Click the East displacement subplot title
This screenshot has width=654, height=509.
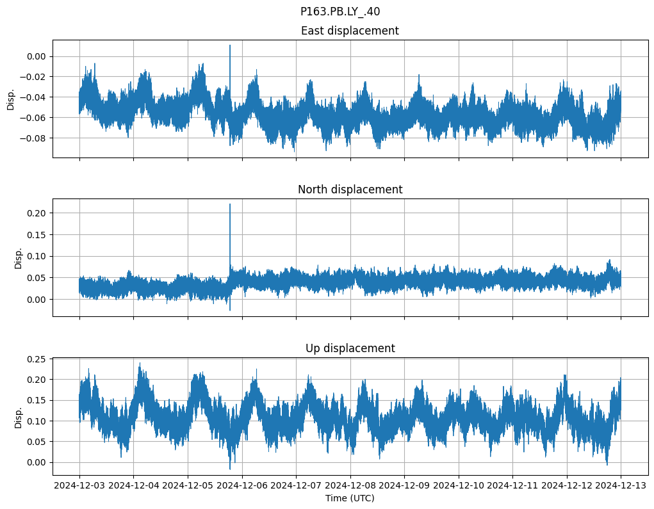click(x=350, y=31)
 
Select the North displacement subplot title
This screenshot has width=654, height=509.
click(x=350, y=190)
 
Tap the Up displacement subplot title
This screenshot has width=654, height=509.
click(x=350, y=348)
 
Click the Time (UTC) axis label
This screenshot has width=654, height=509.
click(x=350, y=498)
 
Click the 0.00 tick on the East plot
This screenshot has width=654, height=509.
click(x=36, y=56)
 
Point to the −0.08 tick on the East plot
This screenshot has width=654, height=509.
click(x=33, y=138)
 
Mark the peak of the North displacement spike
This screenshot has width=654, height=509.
click(x=230, y=204)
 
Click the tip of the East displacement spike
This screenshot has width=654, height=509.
click(x=230, y=45)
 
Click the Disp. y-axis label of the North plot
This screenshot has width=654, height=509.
click(x=19, y=258)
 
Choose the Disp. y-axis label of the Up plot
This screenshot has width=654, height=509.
click(x=19, y=417)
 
